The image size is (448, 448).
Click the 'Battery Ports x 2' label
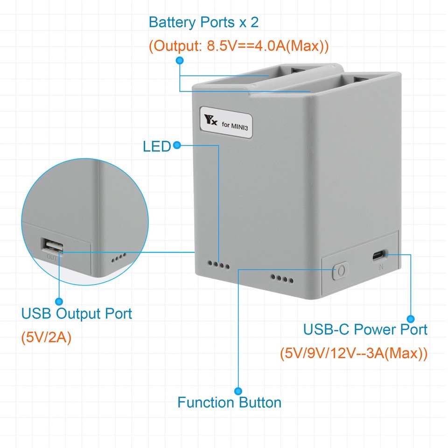pos(203,22)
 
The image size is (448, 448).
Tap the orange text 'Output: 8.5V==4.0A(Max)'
pos(239,47)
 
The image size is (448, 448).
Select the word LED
pos(156,147)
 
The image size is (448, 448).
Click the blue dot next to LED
pos(177,146)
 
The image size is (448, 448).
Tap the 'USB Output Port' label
pos(77,314)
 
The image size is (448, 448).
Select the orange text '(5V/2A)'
pos(46,337)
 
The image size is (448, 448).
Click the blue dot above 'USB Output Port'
pos(59,301)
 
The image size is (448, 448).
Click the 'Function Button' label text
pos(229,402)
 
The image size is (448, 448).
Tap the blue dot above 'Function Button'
pos(238,390)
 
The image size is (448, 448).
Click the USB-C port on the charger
pos(378,255)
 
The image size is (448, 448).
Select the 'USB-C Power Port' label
pos(365,329)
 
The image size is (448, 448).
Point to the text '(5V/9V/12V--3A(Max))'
pos(354,353)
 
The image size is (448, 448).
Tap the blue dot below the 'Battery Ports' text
pos(180,61)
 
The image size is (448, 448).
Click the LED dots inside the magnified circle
pos(119,257)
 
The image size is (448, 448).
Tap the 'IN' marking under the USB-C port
pos(380,267)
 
